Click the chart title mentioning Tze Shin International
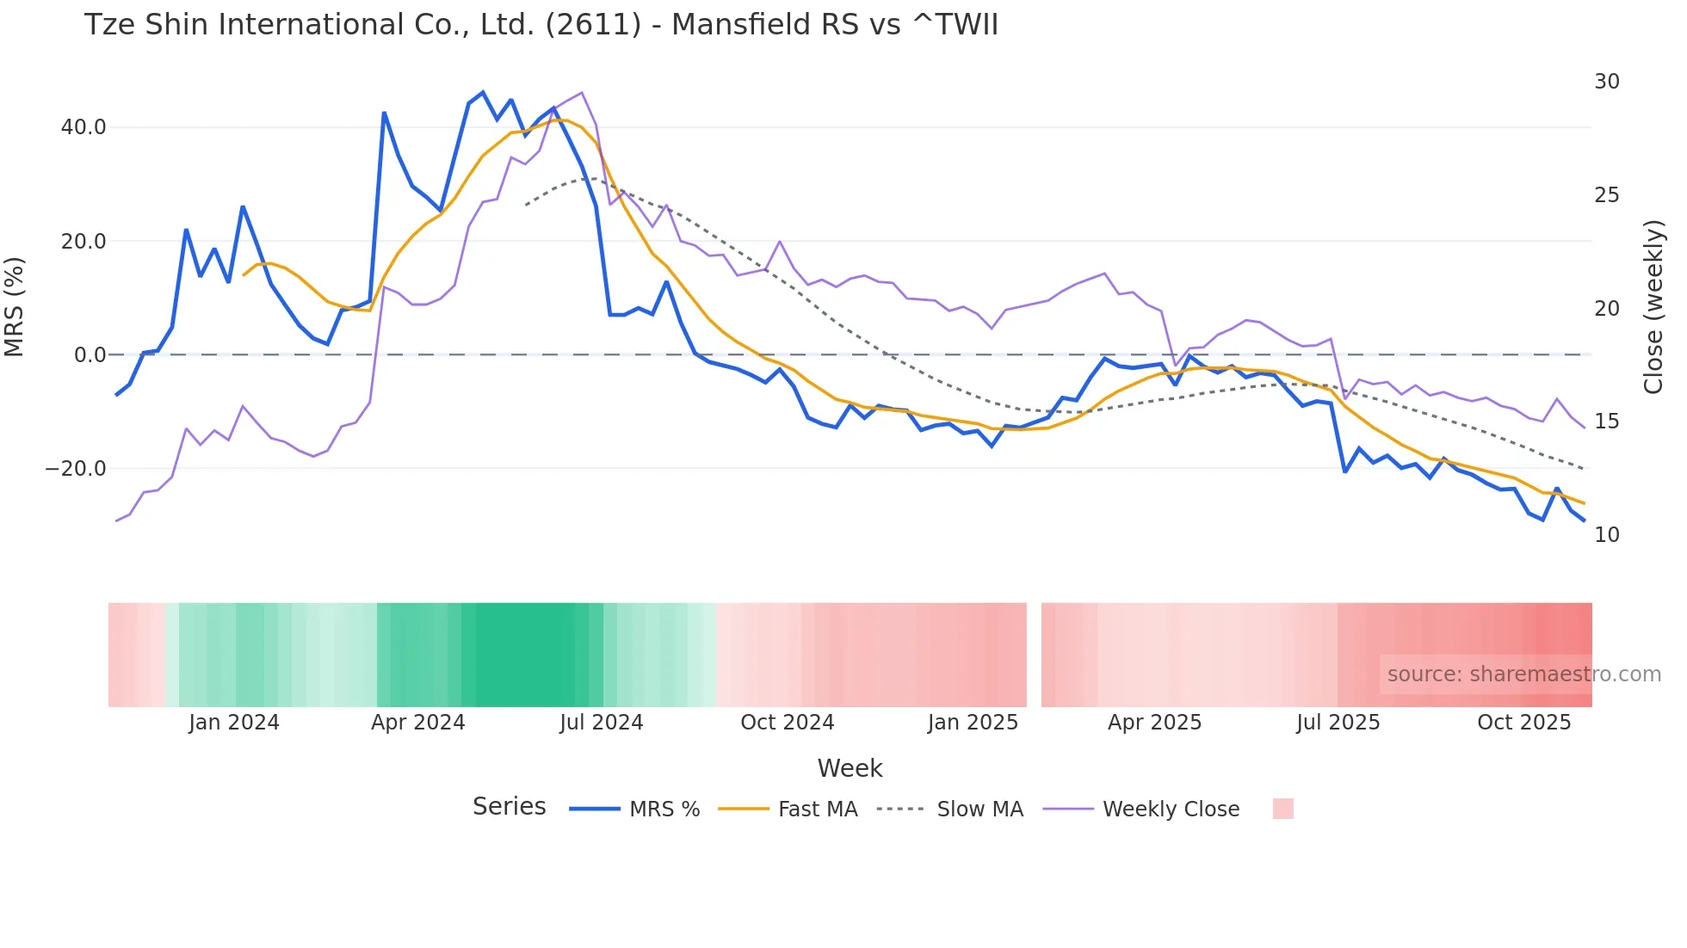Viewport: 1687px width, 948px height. click(x=541, y=25)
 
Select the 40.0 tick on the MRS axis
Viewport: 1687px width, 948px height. click(x=83, y=127)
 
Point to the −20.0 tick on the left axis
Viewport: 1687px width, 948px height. click(x=76, y=469)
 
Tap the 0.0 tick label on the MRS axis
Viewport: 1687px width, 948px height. click(x=90, y=355)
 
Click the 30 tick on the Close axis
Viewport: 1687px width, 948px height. click(x=1606, y=82)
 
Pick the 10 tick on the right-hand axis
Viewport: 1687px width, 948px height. click(x=1606, y=535)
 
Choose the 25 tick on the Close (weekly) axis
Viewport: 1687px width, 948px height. click(x=1606, y=195)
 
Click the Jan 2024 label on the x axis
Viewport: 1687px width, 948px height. click(x=234, y=723)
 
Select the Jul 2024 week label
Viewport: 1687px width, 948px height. click(x=601, y=723)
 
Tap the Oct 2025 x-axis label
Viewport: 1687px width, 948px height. click(x=1523, y=723)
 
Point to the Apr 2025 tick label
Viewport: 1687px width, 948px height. click(x=1154, y=723)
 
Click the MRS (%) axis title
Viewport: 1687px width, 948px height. click(x=15, y=306)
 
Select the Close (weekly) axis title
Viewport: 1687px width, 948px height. click(x=1653, y=306)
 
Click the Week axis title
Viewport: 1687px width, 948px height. click(x=850, y=768)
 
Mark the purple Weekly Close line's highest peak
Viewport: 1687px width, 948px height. click(x=582, y=93)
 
